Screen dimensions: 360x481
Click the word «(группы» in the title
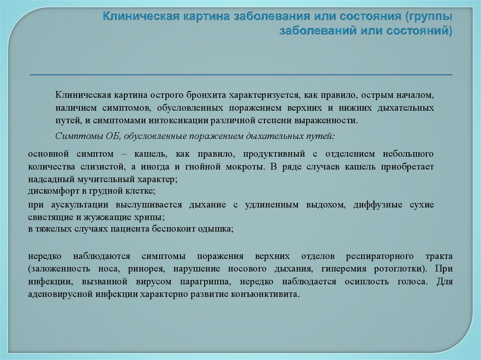coord(430,17)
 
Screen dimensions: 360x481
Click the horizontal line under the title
coord(241,75)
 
